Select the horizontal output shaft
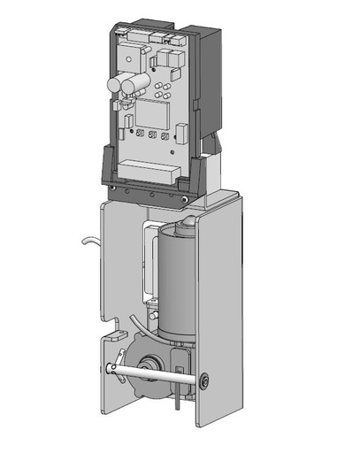click(x=159, y=371)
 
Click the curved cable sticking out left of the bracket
click(x=88, y=240)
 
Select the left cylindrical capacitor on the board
click(x=117, y=85)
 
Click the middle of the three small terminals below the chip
click(x=153, y=136)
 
